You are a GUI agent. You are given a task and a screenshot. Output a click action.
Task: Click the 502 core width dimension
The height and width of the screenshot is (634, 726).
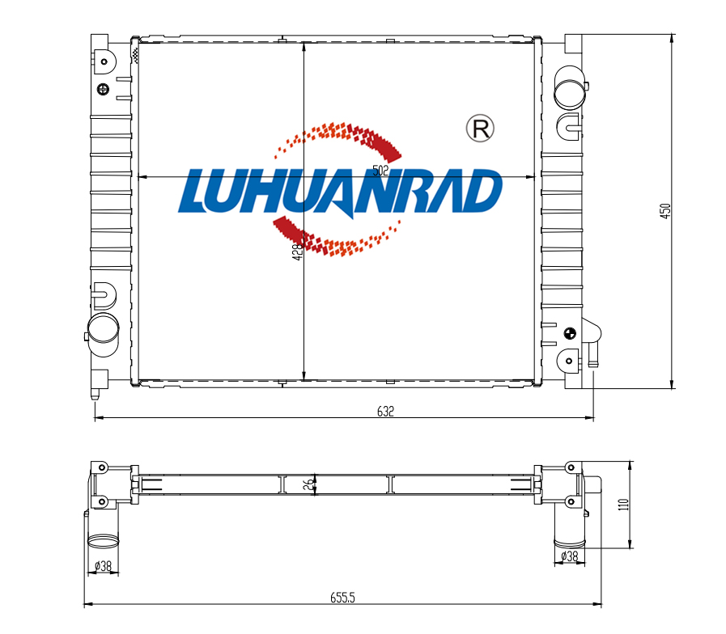tap(380, 171)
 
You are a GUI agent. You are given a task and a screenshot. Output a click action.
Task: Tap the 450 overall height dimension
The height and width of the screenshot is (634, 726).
tap(664, 210)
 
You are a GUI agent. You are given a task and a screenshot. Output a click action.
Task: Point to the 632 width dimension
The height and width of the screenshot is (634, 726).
tap(385, 412)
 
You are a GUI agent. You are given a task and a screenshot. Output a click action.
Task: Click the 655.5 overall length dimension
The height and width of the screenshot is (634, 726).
tap(342, 598)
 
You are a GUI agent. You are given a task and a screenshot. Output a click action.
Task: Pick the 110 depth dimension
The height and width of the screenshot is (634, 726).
tap(624, 504)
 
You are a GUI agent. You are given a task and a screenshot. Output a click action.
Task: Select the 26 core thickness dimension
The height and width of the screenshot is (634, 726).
tap(308, 484)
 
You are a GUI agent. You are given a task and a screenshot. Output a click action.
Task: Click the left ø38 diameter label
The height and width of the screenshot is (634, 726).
tap(104, 565)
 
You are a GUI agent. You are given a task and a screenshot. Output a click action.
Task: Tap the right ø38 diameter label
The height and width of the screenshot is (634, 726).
tap(570, 556)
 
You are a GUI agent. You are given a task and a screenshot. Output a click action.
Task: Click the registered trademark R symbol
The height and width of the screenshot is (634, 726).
tap(480, 129)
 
